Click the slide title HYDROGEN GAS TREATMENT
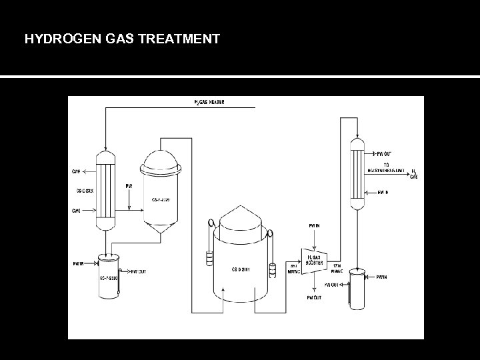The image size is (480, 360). (122, 39)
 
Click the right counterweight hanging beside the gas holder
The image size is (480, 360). (272, 270)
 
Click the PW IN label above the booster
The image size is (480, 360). (313, 227)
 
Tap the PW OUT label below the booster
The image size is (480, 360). (313, 297)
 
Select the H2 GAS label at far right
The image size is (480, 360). (415, 174)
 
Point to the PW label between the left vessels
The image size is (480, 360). (129, 185)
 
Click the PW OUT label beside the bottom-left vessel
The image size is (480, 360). (139, 271)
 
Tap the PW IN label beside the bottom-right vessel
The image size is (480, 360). (381, 276)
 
